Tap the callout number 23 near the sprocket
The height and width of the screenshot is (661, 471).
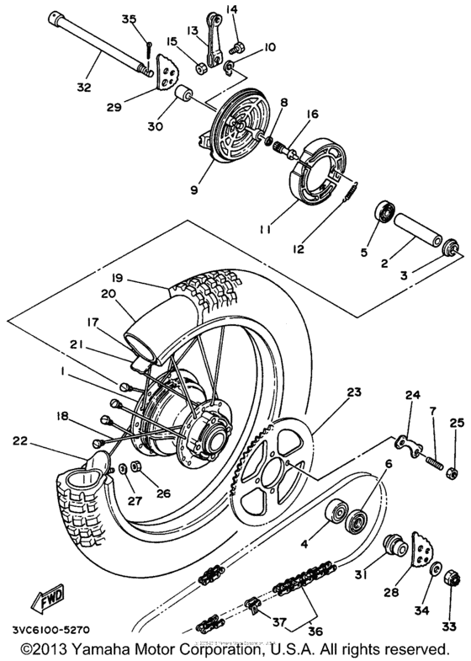(352, 392)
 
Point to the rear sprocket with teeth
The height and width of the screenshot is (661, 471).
(273, 467)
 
